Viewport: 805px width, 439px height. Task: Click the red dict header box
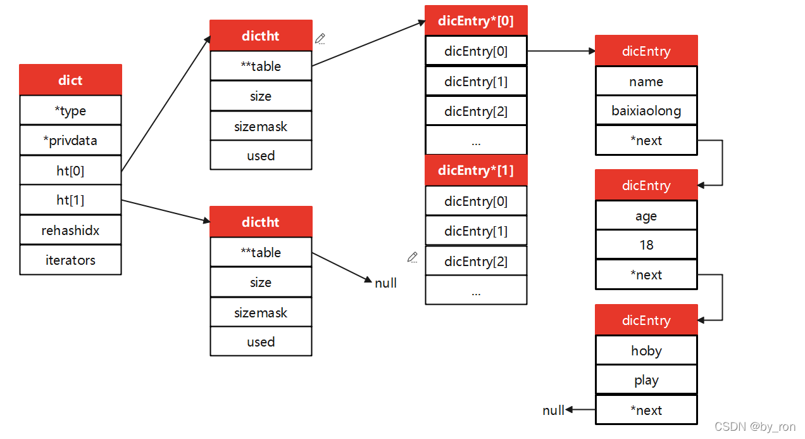pyautogui.click(x=70, y=80)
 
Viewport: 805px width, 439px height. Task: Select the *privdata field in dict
pyautogui.click(x=70, y=141)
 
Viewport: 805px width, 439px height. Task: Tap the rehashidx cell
pyautogui.click(x=70, y=231)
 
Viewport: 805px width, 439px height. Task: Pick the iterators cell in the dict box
pyautogui.click(x=70, y=260)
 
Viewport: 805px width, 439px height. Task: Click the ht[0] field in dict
pyautogui.click(x=70, y=170)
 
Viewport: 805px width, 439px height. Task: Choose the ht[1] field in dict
pyautogui.click(x=70, y=200)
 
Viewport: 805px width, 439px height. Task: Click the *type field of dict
pyautogui.click(x=70, y=111)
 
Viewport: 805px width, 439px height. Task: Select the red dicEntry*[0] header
pyautogui.click(x=476, y=21)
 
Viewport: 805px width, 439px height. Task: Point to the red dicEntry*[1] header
pyautogui.click(x=476, y=170)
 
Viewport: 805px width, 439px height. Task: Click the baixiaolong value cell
pyautogui.click(x=646, y=111)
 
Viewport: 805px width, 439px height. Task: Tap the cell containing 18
pyautogui.click(x=646, y=245)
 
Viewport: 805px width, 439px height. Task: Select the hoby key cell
pyautogui.click(x=646, y=351)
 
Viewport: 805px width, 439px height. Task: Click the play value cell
pyautogui.click(x=646, y=380)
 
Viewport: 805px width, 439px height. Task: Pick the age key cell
pyautogui.click(x=646, y=216)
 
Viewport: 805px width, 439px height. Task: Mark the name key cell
pyautogui.click(x=646, y=82)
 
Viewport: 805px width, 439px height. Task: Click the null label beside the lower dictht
pyautogui.click(x=385, y=283)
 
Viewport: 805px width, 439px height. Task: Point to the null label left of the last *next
pyautogui.click(x=553, y=410)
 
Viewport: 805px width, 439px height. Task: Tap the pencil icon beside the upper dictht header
pyautogui.click(x=320, y=39)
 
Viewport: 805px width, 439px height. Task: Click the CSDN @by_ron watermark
pyautogui.click(x=754, y=427)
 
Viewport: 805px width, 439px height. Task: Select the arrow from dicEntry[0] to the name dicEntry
pyautogui.click(x=561, y=51)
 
